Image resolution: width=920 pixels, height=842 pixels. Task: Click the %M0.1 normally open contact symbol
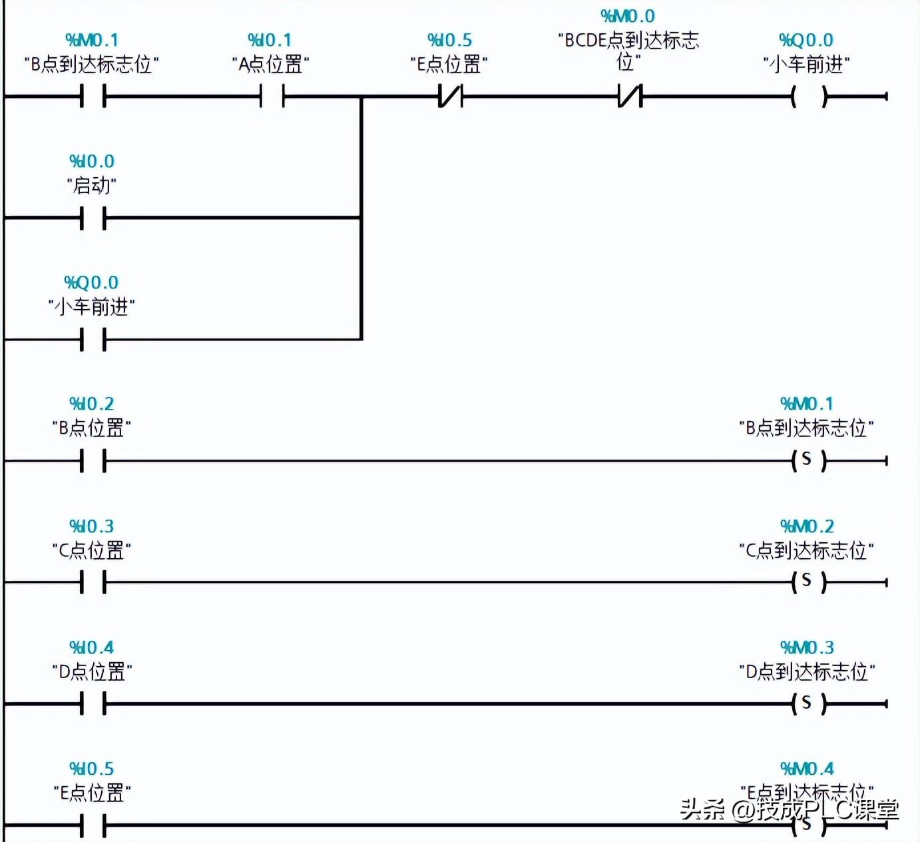pos(93,97)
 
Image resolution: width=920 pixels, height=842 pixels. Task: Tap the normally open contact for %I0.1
pos(272,97)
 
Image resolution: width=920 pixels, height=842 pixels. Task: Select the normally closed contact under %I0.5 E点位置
pos(451,97)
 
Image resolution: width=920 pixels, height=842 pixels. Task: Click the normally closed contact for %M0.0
pos(630,97)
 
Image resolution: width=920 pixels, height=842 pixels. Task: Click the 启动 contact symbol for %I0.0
pos(93,218)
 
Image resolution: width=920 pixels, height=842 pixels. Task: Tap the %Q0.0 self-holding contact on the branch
pos(93,340)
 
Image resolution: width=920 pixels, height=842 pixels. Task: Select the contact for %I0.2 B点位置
pos(93,460)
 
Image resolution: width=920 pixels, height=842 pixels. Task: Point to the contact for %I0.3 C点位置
pos(93,582)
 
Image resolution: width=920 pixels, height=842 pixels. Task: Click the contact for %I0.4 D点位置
pos(93,703)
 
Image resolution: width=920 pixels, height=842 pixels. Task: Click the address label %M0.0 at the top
pos(628,16)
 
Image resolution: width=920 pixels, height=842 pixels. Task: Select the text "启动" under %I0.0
pos(92,185)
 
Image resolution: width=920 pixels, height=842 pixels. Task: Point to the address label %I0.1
pos(270,40)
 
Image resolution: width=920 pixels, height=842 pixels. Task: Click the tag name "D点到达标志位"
pos(807,671)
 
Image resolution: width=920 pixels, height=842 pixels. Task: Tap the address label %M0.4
pos(807,769)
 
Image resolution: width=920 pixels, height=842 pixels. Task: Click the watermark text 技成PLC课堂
pos(828,809)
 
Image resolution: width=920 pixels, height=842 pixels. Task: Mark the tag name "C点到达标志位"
pos(806,550)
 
